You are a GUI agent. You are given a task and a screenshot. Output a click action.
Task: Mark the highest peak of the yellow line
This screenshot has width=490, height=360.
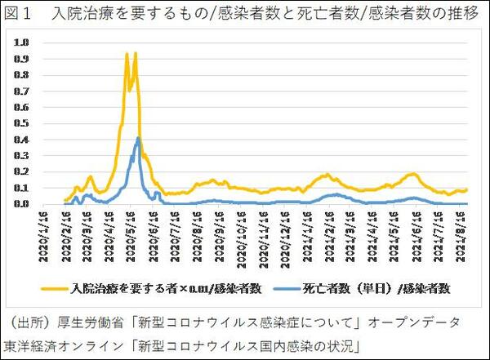[127, 54]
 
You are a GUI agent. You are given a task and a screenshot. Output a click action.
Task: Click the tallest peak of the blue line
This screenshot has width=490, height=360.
[139, 137]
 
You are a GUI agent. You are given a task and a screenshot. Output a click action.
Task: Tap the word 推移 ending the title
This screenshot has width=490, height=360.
[461, 13]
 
